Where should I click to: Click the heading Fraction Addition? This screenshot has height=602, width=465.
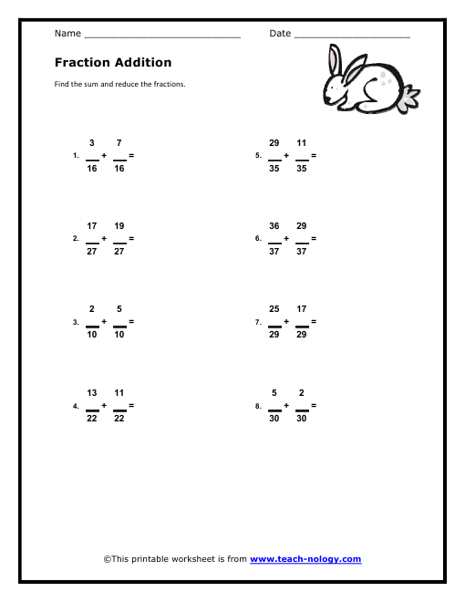[113, 63]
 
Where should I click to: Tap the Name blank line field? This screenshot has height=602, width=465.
[161, 36]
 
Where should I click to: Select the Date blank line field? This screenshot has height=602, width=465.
[352, 36]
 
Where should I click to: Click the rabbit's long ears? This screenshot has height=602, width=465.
[336, 63]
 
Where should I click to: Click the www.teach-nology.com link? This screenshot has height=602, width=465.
[305, 559]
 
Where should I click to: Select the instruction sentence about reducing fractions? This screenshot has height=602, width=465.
[120, 84]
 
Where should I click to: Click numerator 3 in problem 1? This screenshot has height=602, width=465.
[92, 142]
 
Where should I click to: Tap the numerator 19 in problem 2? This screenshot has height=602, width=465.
[119, 225]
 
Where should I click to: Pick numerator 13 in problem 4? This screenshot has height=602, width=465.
[92, 392]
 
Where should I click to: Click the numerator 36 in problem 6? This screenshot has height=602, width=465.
[274, 225]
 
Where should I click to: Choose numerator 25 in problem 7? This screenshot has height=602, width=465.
[274, 309]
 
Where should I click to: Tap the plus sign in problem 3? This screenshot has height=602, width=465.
[105, 322]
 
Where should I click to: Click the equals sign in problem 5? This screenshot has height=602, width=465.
[315, 155]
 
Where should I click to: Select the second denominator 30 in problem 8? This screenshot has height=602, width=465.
[302, 419]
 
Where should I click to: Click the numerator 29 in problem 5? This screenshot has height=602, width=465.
[274, 142]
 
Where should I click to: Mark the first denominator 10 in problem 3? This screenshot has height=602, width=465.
[92, 336]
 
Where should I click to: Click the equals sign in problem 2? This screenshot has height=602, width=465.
[132, 238]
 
